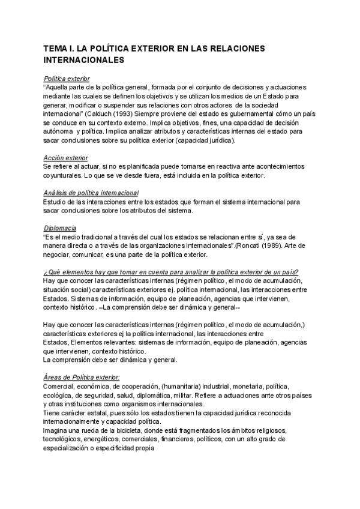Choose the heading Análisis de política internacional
click(x=92, y=193)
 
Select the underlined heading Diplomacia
click(x=60, y=228)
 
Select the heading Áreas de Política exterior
click(x=82, y=377)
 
